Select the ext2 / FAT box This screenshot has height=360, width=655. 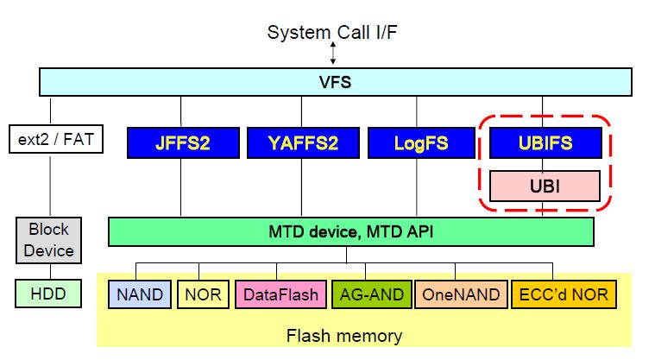[x=54, y=139]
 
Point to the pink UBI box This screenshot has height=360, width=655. [x=544, y=185]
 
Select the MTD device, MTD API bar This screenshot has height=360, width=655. [x=350, y=231]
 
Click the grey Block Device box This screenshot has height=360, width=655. [x=49, y=241]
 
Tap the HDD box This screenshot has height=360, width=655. [x=49, y=294]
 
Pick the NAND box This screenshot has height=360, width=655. [x=140, y=294]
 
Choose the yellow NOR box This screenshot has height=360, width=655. [x=203, y=294]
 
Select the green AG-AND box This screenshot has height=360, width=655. [x=372, y=294]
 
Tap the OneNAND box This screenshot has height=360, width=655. [x=461, y=294]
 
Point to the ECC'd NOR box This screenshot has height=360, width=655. [x=563, y=294]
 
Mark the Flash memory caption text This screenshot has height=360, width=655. [x=343, y=335]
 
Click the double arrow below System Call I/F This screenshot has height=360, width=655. [x=332, y=54]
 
